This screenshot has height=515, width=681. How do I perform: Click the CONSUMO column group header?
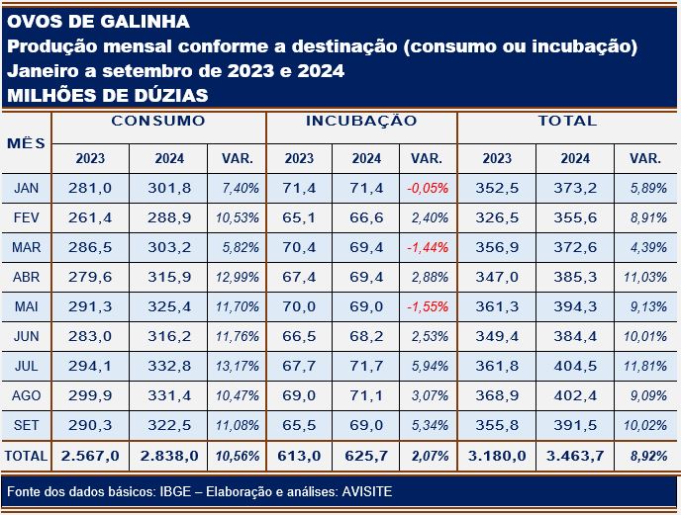coord(158,122)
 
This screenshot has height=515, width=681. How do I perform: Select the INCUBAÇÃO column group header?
coord(361,122)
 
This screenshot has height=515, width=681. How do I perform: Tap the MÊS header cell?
coord(26,142)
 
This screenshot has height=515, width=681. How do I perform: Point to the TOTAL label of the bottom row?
coord(26,457)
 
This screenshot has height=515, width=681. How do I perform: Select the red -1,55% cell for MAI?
coord(428,307)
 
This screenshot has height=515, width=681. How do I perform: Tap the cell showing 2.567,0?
coord(90,457)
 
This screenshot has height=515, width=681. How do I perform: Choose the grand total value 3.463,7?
coord(575,457)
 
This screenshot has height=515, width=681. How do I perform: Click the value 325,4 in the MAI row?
coord(169,307)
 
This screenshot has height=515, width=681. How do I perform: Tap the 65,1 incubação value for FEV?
coord(299,216)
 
